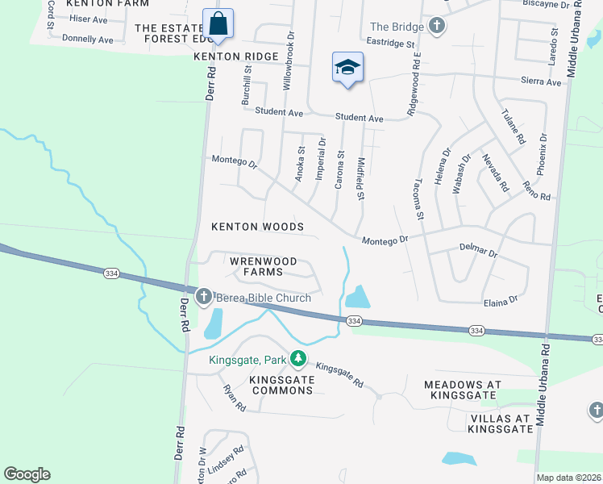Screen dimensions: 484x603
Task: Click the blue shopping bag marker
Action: coord(217,25)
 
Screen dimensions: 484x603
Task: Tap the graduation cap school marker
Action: coord(347,68)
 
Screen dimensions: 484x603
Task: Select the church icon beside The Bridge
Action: coord(437,27)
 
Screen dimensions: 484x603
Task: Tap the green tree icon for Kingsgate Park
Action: coord(299,357)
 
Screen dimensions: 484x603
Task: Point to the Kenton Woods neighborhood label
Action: coord(257,227)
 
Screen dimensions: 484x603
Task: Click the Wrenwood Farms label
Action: coord(263,267)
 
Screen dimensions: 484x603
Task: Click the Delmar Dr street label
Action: coord(479,252)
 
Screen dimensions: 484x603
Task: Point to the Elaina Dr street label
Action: coord(501,302)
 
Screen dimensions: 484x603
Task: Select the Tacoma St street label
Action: coord(419,200)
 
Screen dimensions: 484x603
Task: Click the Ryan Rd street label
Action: coord(234,398)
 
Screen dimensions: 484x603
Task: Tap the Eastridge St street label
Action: coord(390,44)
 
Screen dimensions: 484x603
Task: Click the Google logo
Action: coord(27,474)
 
